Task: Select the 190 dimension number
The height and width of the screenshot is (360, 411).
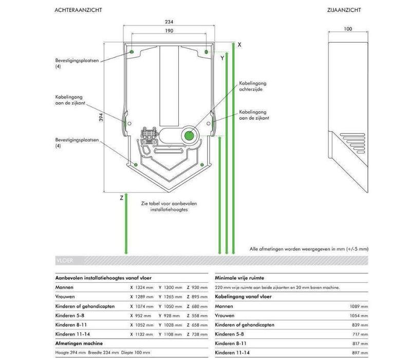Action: tap(169, 31)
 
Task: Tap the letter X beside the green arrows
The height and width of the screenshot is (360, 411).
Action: tap(239, 45)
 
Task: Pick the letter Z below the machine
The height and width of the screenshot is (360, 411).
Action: tap(121, 197)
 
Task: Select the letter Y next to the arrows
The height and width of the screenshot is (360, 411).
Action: tap(222, 58)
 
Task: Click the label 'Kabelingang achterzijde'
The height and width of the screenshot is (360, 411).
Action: tap(253, 85)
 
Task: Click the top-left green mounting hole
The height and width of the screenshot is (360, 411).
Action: tap(132, 52)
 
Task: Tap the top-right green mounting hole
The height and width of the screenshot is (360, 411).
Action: tap(206, 52)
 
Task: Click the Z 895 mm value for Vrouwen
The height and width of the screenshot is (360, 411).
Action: tap(197, 297)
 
